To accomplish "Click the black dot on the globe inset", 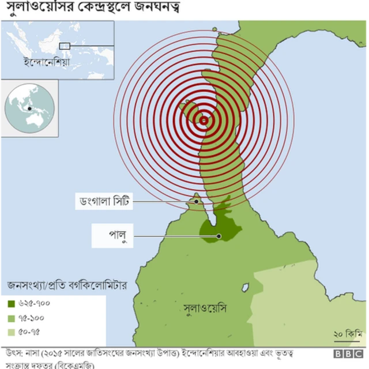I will click(x=28, y=108).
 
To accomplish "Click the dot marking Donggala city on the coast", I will click(x=197, y=202).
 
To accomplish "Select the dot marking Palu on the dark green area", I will click(x=219, y=236).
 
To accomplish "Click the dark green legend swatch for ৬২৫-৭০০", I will click(x=12, y=304).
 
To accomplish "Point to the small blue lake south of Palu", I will click(x=246, y=287).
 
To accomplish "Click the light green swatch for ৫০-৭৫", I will click(x=12, y=332).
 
